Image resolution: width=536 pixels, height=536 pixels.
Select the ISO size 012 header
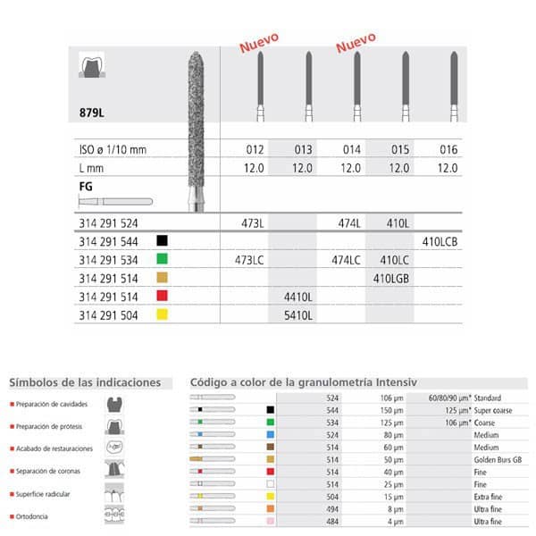(255, 149)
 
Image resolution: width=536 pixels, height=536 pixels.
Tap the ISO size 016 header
(448, 149)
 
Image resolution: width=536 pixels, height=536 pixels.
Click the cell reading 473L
(255, 220)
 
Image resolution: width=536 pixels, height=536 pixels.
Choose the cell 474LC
(346, 259)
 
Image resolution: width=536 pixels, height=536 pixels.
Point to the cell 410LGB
(390, 278)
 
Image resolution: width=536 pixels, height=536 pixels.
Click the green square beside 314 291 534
(162, 259)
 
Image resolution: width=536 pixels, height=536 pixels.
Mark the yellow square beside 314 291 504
(162, 315)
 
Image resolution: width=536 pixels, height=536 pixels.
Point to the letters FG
(86, 187)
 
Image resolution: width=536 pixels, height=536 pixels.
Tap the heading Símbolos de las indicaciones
(85, 382)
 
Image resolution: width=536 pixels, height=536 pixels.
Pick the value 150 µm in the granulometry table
(379, 409)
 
